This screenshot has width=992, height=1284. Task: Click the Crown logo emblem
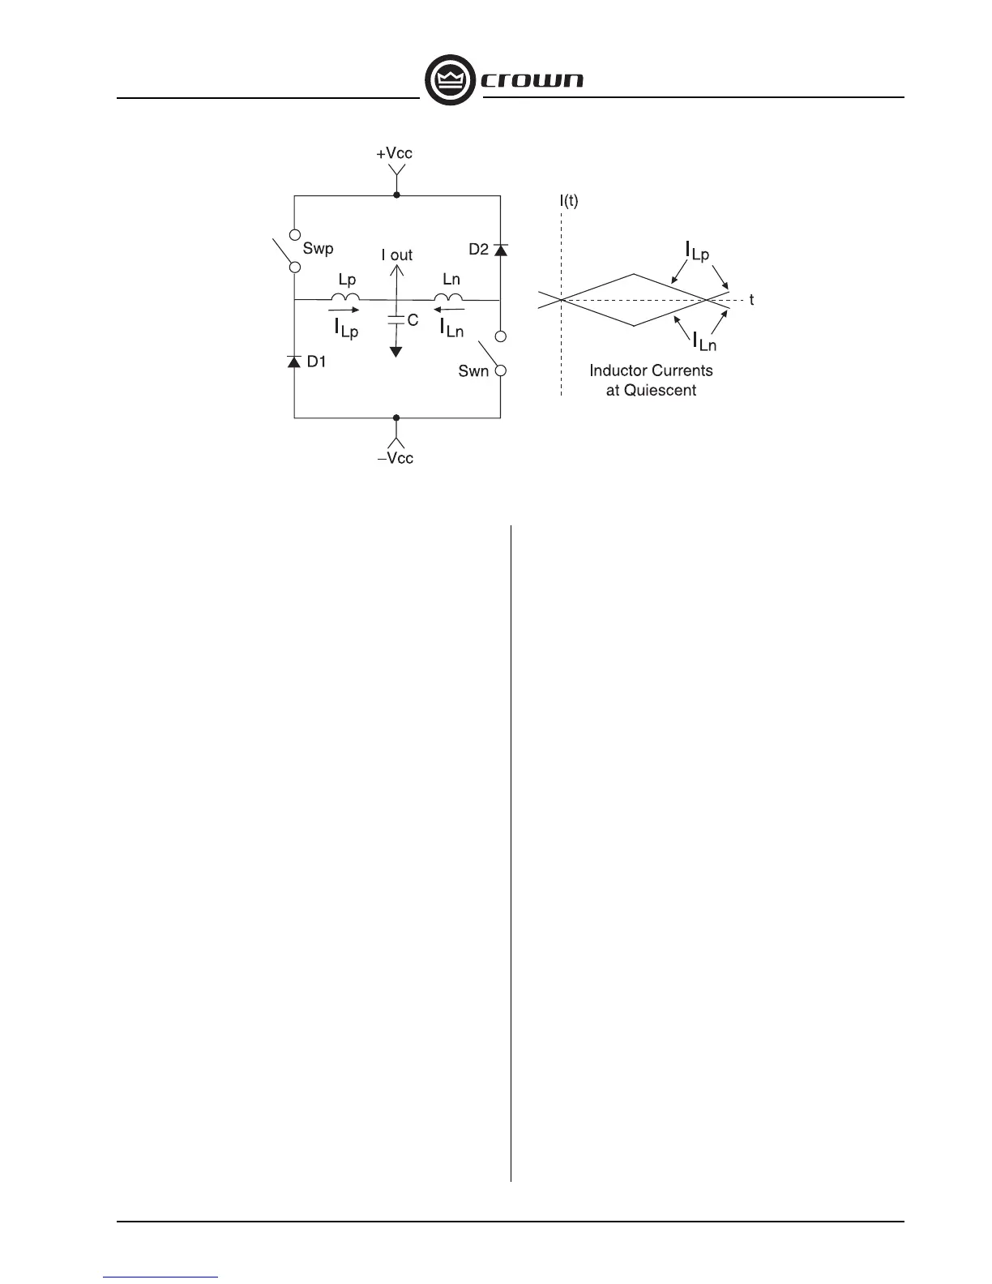[449, 81]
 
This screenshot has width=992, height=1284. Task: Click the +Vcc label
[395, 153]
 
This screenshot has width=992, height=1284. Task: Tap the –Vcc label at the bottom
[396, 458]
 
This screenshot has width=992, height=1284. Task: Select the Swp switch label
[318, 248]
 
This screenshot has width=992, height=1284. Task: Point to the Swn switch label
[473, 371]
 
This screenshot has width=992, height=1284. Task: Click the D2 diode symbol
[500, 249]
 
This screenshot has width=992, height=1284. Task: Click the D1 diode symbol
[293, 361]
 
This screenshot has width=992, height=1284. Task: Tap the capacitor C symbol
[396, 320]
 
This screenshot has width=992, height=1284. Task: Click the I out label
[397, 255]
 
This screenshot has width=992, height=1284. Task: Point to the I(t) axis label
[569, 200]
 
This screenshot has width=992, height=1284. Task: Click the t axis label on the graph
[751, 300]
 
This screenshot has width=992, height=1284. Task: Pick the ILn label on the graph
[703, 342]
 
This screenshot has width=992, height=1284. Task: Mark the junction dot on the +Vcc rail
[396, 195]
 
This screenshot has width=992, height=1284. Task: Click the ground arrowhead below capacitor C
[396, 351]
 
